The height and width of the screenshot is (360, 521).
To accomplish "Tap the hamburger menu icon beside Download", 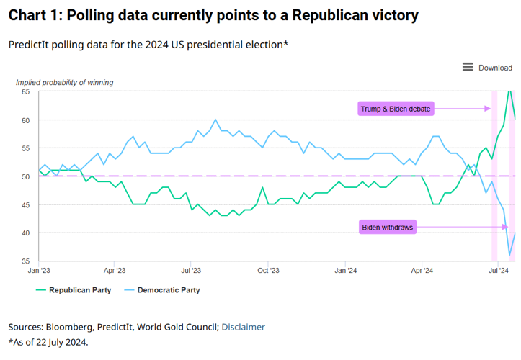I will coord(468,68).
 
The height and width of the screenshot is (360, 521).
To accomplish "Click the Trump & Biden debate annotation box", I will coord(396,109).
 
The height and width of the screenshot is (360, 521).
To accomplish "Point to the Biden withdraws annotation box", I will coord(388,228).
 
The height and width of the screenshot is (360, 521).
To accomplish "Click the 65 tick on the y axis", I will coord(25,92).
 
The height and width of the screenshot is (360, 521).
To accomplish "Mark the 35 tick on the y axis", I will coord(25,261).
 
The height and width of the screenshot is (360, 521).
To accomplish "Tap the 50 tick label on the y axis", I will coord(25,176).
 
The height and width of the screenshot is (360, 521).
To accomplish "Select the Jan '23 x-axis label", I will coord(39,271).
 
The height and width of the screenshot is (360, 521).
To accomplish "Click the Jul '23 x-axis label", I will coord(191,271).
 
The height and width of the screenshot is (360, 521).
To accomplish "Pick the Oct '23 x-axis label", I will coord(268,271).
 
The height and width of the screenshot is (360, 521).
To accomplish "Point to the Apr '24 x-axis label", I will coord(422,271).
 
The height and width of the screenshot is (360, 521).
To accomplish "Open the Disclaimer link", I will coord(243,327).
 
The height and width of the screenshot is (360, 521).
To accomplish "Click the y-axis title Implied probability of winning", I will coord(64,82).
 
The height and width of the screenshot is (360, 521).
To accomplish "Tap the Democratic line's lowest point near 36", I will coord(510,255).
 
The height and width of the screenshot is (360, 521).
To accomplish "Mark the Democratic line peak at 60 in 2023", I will coord(215,120).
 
